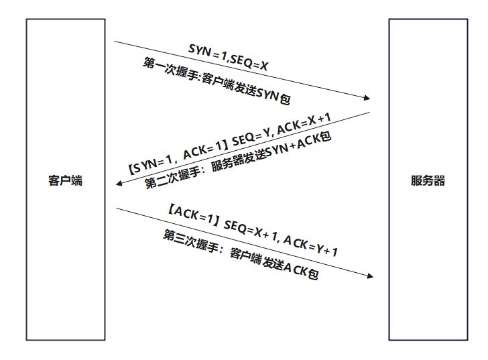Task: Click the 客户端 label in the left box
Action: point(66,180)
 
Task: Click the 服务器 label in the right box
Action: point(428,180)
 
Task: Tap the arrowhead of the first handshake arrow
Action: point(367,98)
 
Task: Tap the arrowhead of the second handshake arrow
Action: point(119,184)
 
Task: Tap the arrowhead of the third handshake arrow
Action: point(370,276)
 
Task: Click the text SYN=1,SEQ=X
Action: point(228,58)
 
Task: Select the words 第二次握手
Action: point(172,178)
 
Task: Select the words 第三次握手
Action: point(190,241)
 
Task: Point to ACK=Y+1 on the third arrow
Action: point(310,246)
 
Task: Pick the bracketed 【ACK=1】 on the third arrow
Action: point(194,215)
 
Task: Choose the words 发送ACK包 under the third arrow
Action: point(290,267)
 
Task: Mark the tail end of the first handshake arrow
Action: point(114,41)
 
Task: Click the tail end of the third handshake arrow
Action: point(117,208)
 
